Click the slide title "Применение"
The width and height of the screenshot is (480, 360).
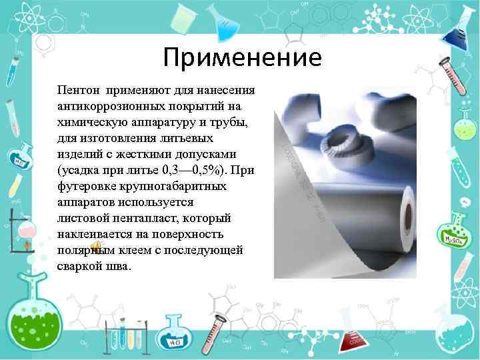242,58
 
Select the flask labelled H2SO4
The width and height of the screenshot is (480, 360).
455,233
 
